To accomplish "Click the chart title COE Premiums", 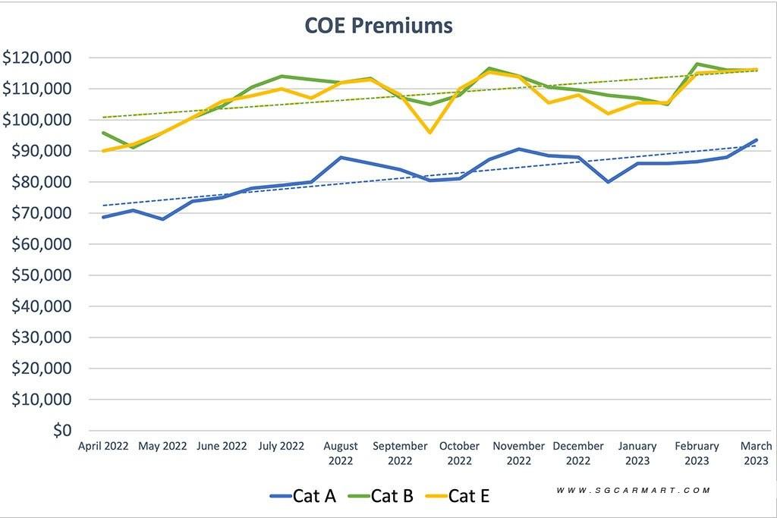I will click(379, 26).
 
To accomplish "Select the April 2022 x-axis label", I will click(103, 446).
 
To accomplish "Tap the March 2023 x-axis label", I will click(756, 453).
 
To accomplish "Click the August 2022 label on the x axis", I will click(341, 453).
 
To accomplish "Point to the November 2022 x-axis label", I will click(519, 453).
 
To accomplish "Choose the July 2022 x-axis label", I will click(281, 446).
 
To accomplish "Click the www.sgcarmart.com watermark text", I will click(634, 491).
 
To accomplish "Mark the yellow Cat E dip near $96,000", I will click(430, 132).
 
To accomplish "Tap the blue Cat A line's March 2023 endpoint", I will click(757, 140).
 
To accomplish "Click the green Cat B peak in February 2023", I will click(697, 64).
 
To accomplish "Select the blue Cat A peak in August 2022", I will click(341, 158).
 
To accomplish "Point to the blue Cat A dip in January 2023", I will click(609, 182).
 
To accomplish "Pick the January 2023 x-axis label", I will click(637, 453).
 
